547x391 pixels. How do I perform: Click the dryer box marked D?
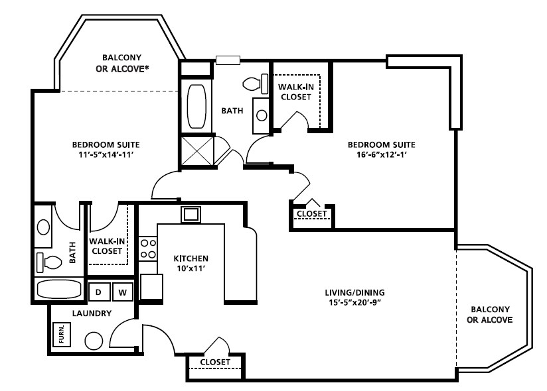[99, 292]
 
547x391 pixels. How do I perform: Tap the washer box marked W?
[122, 292]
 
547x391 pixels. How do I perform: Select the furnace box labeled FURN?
[62, 335]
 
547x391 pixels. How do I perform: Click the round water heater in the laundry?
[94, 341]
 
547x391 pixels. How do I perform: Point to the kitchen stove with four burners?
[148, 249]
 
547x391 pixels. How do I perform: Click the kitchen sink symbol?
[191, 214]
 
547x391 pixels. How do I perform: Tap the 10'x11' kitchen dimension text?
[191, 268]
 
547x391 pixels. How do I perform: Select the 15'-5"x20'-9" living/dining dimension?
[354, 302]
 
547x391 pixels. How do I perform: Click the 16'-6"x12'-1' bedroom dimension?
[382, 154]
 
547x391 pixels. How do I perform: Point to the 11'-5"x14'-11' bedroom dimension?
[106, 154]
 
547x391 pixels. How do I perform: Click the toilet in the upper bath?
[256, 84]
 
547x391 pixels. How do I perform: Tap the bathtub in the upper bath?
[196, 107]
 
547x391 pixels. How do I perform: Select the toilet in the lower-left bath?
[49, 262]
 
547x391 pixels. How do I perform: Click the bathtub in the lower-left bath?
[59, 289]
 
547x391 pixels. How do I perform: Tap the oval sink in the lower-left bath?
[44, 227]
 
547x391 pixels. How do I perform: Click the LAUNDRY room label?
[92, 313]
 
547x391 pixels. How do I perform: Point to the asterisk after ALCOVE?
[147, 67]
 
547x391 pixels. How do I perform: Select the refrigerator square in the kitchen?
[151, 286]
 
